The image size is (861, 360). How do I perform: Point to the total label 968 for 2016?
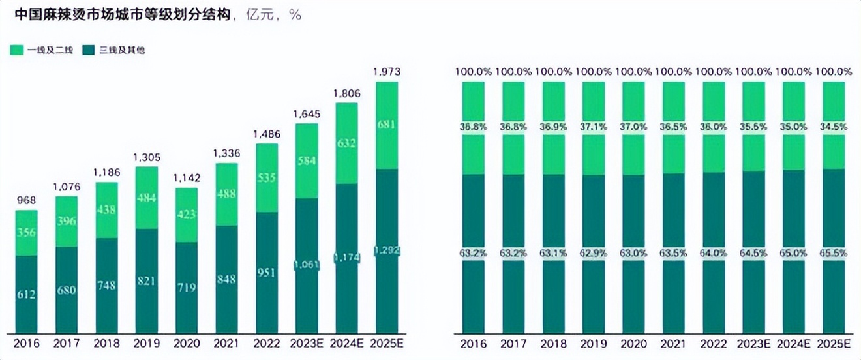click(x=26, y=200)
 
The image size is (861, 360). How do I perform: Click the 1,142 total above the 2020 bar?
click(x=187, y=178)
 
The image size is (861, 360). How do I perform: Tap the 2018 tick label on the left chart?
click(x=106, y=344)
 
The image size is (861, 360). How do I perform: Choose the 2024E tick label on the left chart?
click(x=347, y=344)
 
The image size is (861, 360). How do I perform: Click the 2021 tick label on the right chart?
click(x=673, y=344)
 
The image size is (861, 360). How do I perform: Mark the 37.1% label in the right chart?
click(x=594, y=127)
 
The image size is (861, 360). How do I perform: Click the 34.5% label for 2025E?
click(x=834, y=127)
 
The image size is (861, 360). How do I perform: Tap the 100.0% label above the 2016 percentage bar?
click(x=474, y=72)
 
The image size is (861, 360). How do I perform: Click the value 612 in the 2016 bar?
click(x=26, y=295)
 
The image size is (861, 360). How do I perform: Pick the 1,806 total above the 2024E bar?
click(x=347, y=93)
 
